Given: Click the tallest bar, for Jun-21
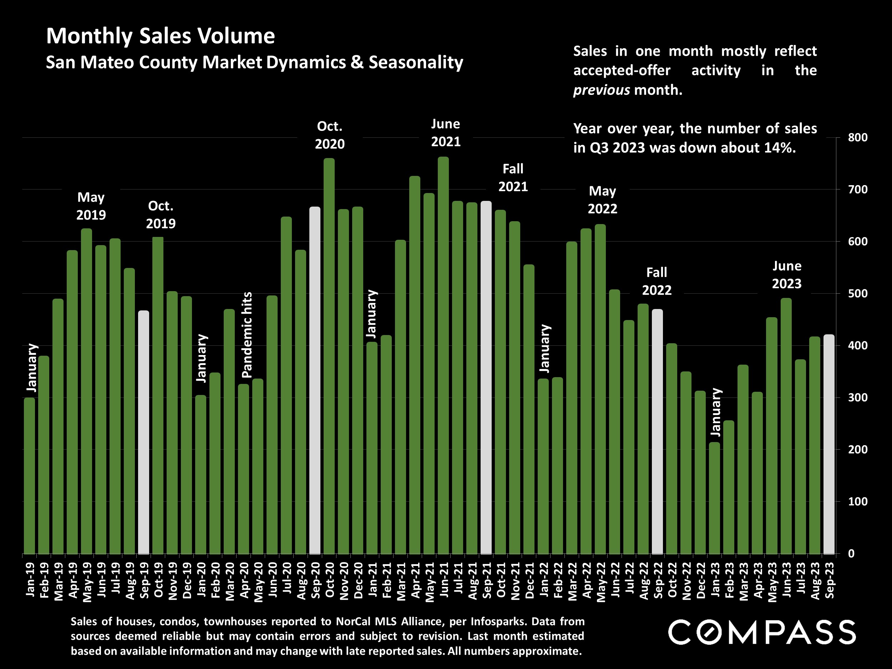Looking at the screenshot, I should [443, 355].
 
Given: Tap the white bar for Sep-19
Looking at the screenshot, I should [143, 432].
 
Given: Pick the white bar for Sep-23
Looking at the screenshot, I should [829, 444].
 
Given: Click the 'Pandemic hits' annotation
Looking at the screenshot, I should [247, 335].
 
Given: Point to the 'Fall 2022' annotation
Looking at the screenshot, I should [657, 282].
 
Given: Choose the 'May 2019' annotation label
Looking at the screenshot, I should [91, 206].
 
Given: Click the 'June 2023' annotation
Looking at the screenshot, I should [786, 275].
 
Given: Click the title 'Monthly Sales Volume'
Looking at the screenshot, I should [161, 36].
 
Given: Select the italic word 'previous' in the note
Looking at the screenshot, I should [601, 90].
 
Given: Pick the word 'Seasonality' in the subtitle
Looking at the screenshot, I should [416, 62].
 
